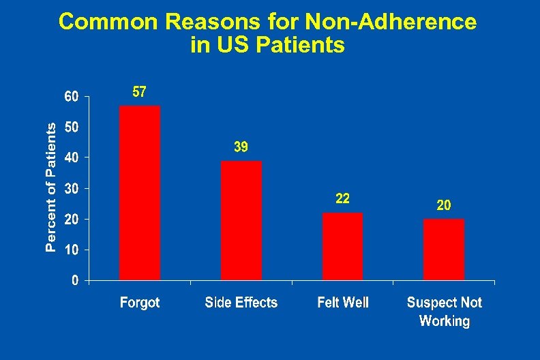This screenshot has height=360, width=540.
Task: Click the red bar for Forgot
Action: [x=140, y=193]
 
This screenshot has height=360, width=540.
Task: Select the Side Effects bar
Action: [x=241, y=220]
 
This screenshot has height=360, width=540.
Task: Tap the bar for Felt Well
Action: [x=342, y=246]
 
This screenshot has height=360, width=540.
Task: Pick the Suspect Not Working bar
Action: [x=444, y=249]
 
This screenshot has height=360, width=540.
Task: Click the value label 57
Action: [x=138, y=92]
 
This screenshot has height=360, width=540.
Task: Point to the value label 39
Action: [x=241, y=147]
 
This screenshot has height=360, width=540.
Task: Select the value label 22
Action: [x=342, y=198]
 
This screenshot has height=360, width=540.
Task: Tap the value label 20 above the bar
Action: [x=443, y=205]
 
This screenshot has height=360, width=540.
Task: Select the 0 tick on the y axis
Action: [x=75, y=280]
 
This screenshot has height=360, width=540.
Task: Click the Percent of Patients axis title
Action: [x=50, y=188]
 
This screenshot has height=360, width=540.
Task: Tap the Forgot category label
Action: [x=140, y=303]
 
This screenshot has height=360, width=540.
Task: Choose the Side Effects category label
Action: [x=241, y=303]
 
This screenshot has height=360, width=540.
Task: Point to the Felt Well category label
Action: [x=343, y=303]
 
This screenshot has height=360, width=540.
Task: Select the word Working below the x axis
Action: [x=445, y=321]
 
